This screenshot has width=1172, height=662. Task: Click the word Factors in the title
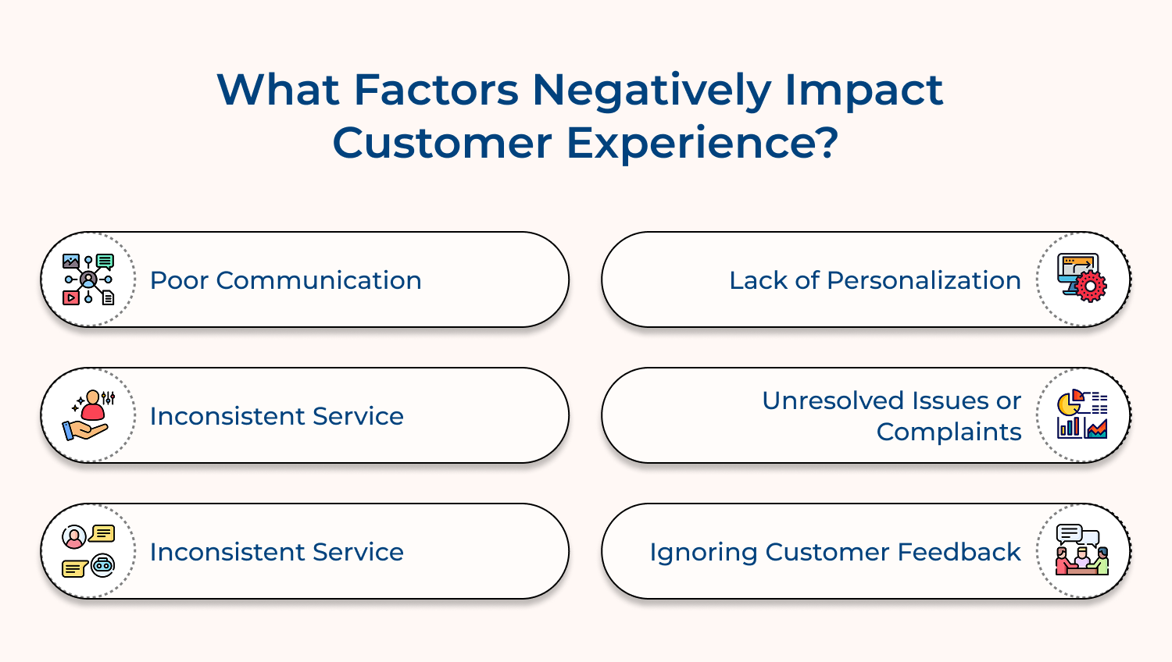pyautogui.click(x=436, y=90)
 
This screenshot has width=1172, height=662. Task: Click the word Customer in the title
pyautogui.click(x=442, y=143)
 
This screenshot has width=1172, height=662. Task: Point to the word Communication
pyautogui.click(x=319, y=280)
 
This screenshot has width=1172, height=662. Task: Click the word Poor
pyautogui.click(x=179, y=280)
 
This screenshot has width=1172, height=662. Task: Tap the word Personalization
pyautogui.click(x=924, y=280)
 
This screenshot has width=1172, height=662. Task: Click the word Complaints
pyautogui.click(x=949, y=432)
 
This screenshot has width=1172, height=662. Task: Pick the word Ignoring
pyautogui.click(x=703, y=552)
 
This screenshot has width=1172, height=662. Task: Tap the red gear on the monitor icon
pyautogui.click(x=1091, y=287)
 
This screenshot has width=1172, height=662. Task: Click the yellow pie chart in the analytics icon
pyautogui.click(x=1068, y=404)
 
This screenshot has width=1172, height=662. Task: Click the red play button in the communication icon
pyautogui.click(x=71, y=297)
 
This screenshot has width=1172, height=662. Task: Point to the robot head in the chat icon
pyautogui.click(x=103, y=565)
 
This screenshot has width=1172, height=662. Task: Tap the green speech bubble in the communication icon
pyautogui.click(x=105, y=261)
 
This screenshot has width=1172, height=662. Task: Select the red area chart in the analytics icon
pyautogui.click(x=1097, y=429)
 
